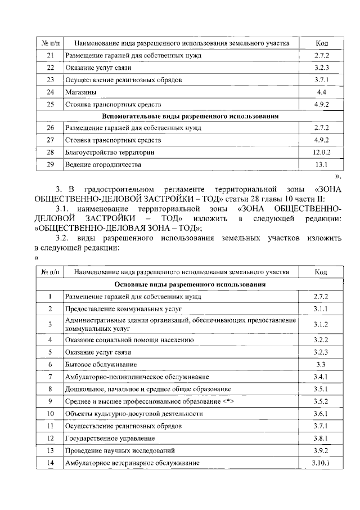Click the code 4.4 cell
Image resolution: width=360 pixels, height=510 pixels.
click(x=321, y=92)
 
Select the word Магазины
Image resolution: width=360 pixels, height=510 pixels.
click(x=80, y=92)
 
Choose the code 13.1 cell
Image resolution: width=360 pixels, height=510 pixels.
click(x=321, y=165)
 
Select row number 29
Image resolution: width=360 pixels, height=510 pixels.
click(x=50, y=165)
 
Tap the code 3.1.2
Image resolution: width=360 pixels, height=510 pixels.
click(x=321, y=324)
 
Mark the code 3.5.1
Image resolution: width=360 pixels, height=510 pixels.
click(x=321, y=389)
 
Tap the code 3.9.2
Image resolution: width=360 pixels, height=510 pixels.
click(x=321, y=450)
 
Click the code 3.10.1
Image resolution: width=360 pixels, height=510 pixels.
click(x=321, y=463)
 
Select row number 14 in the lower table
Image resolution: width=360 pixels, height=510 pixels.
click(x=50, y=463)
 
